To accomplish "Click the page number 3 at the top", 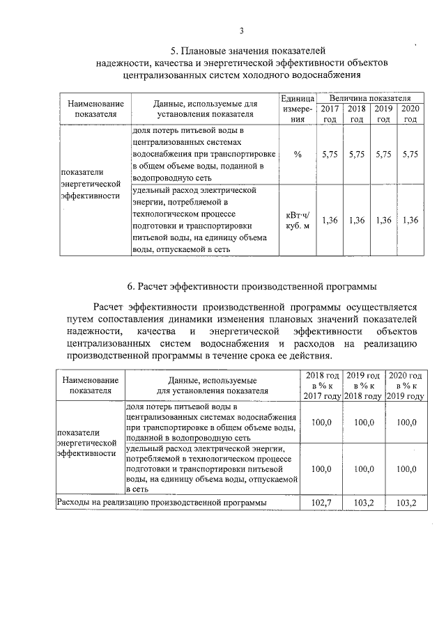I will tap(241, 31).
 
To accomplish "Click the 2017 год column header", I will tap(330, 114).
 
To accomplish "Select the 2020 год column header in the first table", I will tap(411, 114).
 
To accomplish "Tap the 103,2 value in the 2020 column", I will tap(406, 502).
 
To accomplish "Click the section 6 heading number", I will tap(130, 285).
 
